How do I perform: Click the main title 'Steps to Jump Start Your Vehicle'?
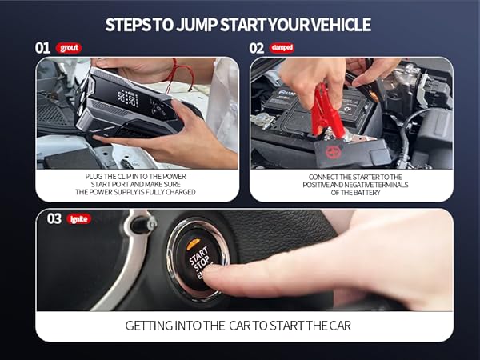[x=238, y=25]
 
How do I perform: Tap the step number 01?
[x=43, y=47]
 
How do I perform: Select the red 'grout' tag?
[x=69, y=48]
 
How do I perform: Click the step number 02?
[x=257, y=47]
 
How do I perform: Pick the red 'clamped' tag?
[x=282, y=48]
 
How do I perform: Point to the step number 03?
[x=54, y=218]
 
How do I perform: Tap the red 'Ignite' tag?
[x=78, y=218]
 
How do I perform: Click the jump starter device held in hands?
[x=128, y=108]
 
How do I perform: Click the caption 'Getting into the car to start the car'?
[x=238, y=326]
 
